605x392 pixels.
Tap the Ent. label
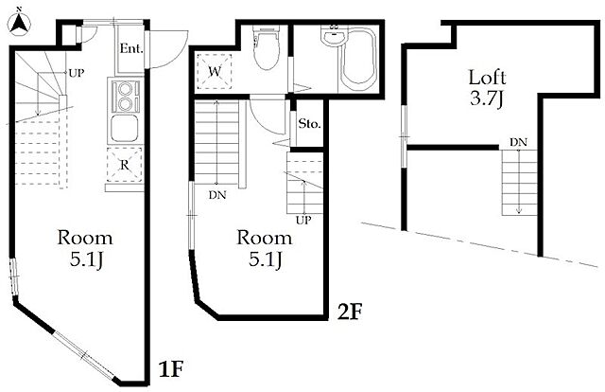131,48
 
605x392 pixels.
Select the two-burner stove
125,95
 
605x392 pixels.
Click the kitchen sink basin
125,129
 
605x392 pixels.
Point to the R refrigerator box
124,165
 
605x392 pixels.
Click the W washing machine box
215,72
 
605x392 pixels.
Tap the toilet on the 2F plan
267,47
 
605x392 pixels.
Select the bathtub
358,59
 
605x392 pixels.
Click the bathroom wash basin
334,38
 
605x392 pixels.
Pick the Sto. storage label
309,124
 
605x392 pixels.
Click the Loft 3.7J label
487,88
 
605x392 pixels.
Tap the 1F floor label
170,370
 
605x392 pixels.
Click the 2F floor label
350,312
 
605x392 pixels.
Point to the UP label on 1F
76,73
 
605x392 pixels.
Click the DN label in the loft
518,143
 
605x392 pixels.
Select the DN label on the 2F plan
217,195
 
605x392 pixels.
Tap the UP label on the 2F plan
303,221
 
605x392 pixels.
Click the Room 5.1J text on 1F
85,249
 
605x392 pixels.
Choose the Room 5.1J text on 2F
265,249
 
